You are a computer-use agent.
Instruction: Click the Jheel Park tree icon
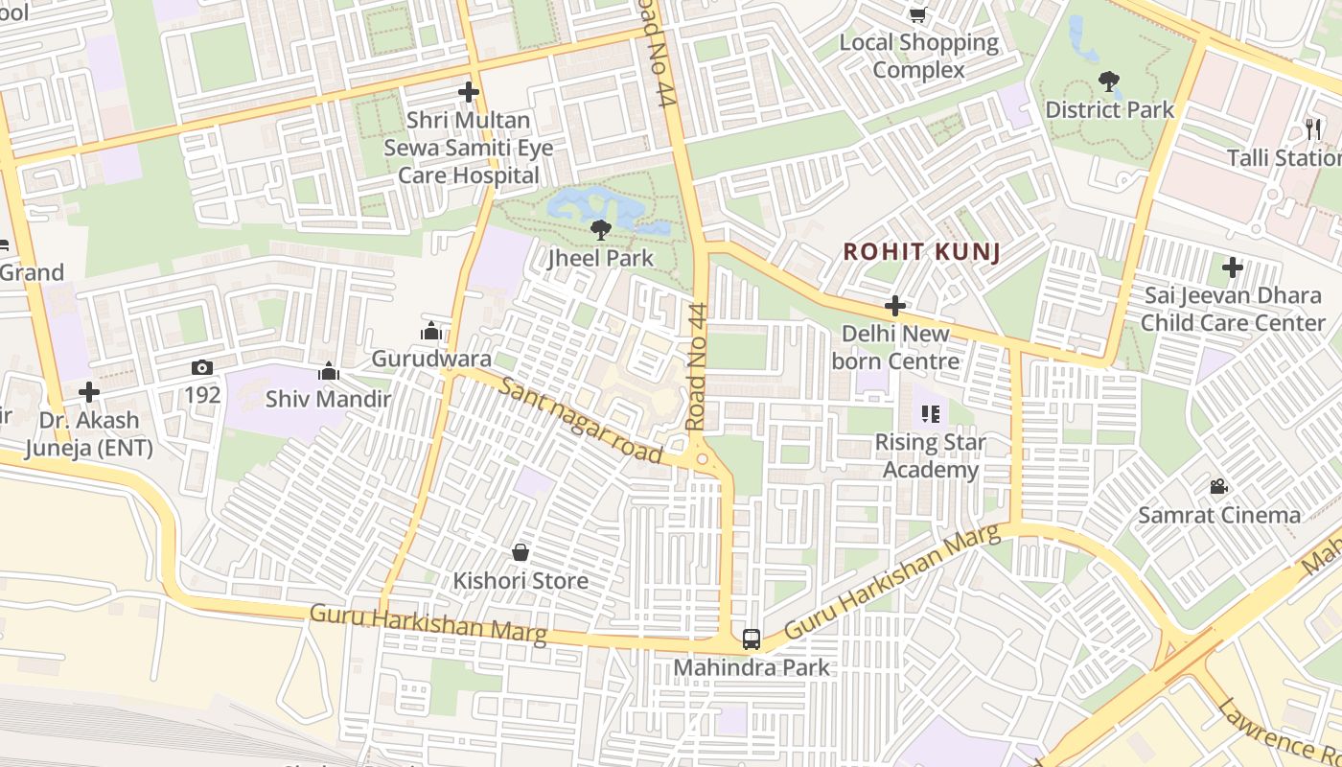click(x=601, y=229)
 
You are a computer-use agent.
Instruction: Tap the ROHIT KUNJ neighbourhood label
click(x=921, y=252)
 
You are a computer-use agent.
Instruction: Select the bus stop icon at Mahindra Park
click(x=752, y=639)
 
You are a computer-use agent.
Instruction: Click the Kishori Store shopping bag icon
click(x=521, y=552)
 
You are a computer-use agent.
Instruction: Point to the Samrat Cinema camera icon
click(x=1218, y=487)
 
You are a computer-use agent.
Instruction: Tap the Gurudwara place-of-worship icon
click(x=431, y=332)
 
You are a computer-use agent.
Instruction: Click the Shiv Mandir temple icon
click(x=329, y=371)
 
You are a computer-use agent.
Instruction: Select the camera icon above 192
click(x=202, y=368)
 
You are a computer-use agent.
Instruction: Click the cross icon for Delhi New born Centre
click(x=895, y=306)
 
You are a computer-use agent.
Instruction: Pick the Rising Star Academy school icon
click(x=930, y=414)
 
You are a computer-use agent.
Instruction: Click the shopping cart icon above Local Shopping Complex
click(x=917, y=14)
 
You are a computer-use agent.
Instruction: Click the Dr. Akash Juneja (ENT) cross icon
click(x=89, y=392)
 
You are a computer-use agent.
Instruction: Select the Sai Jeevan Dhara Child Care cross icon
click(x=1233, y=267)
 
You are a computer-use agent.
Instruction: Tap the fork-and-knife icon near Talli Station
click(x=1312, y=128)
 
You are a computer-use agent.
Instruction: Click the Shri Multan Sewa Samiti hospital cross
click(x=469, y=92)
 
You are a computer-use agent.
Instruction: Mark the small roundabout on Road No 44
click(x=703, y=459)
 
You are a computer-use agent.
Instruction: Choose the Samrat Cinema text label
click(x=1219, y=515)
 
